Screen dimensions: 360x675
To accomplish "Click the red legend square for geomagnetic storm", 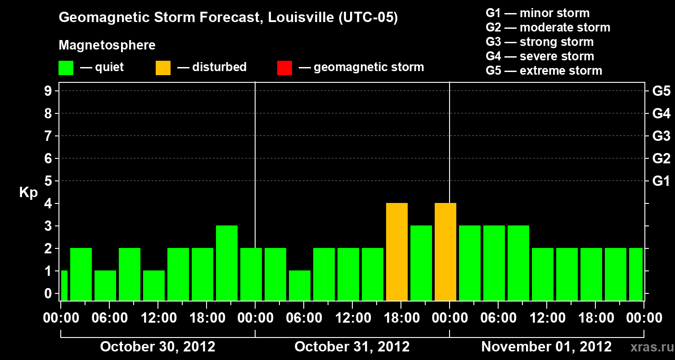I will click(284, 67).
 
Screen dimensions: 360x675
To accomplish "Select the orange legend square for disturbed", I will click(163, 67).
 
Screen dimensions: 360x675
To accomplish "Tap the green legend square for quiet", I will click(66, 67).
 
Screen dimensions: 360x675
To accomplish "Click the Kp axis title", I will click(28, 193).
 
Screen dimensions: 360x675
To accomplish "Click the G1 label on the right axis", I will click(661, 181).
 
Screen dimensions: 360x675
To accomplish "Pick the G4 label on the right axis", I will click(661, 113).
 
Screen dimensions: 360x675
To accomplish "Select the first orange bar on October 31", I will click(397, 252).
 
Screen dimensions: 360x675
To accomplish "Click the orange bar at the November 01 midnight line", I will click(445, 252).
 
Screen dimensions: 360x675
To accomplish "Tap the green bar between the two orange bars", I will click(421, 263).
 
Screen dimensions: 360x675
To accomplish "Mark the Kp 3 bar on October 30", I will click(227, 263).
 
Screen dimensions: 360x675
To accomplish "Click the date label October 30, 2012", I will click(157, 347).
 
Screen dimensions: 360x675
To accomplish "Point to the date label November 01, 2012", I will click(546, 347).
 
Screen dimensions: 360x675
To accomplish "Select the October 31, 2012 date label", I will click(352, 347).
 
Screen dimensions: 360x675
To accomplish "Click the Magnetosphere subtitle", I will click(107, 45).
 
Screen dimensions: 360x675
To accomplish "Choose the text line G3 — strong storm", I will click(540, 42).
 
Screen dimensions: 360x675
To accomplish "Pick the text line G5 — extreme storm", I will click(544, 71).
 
